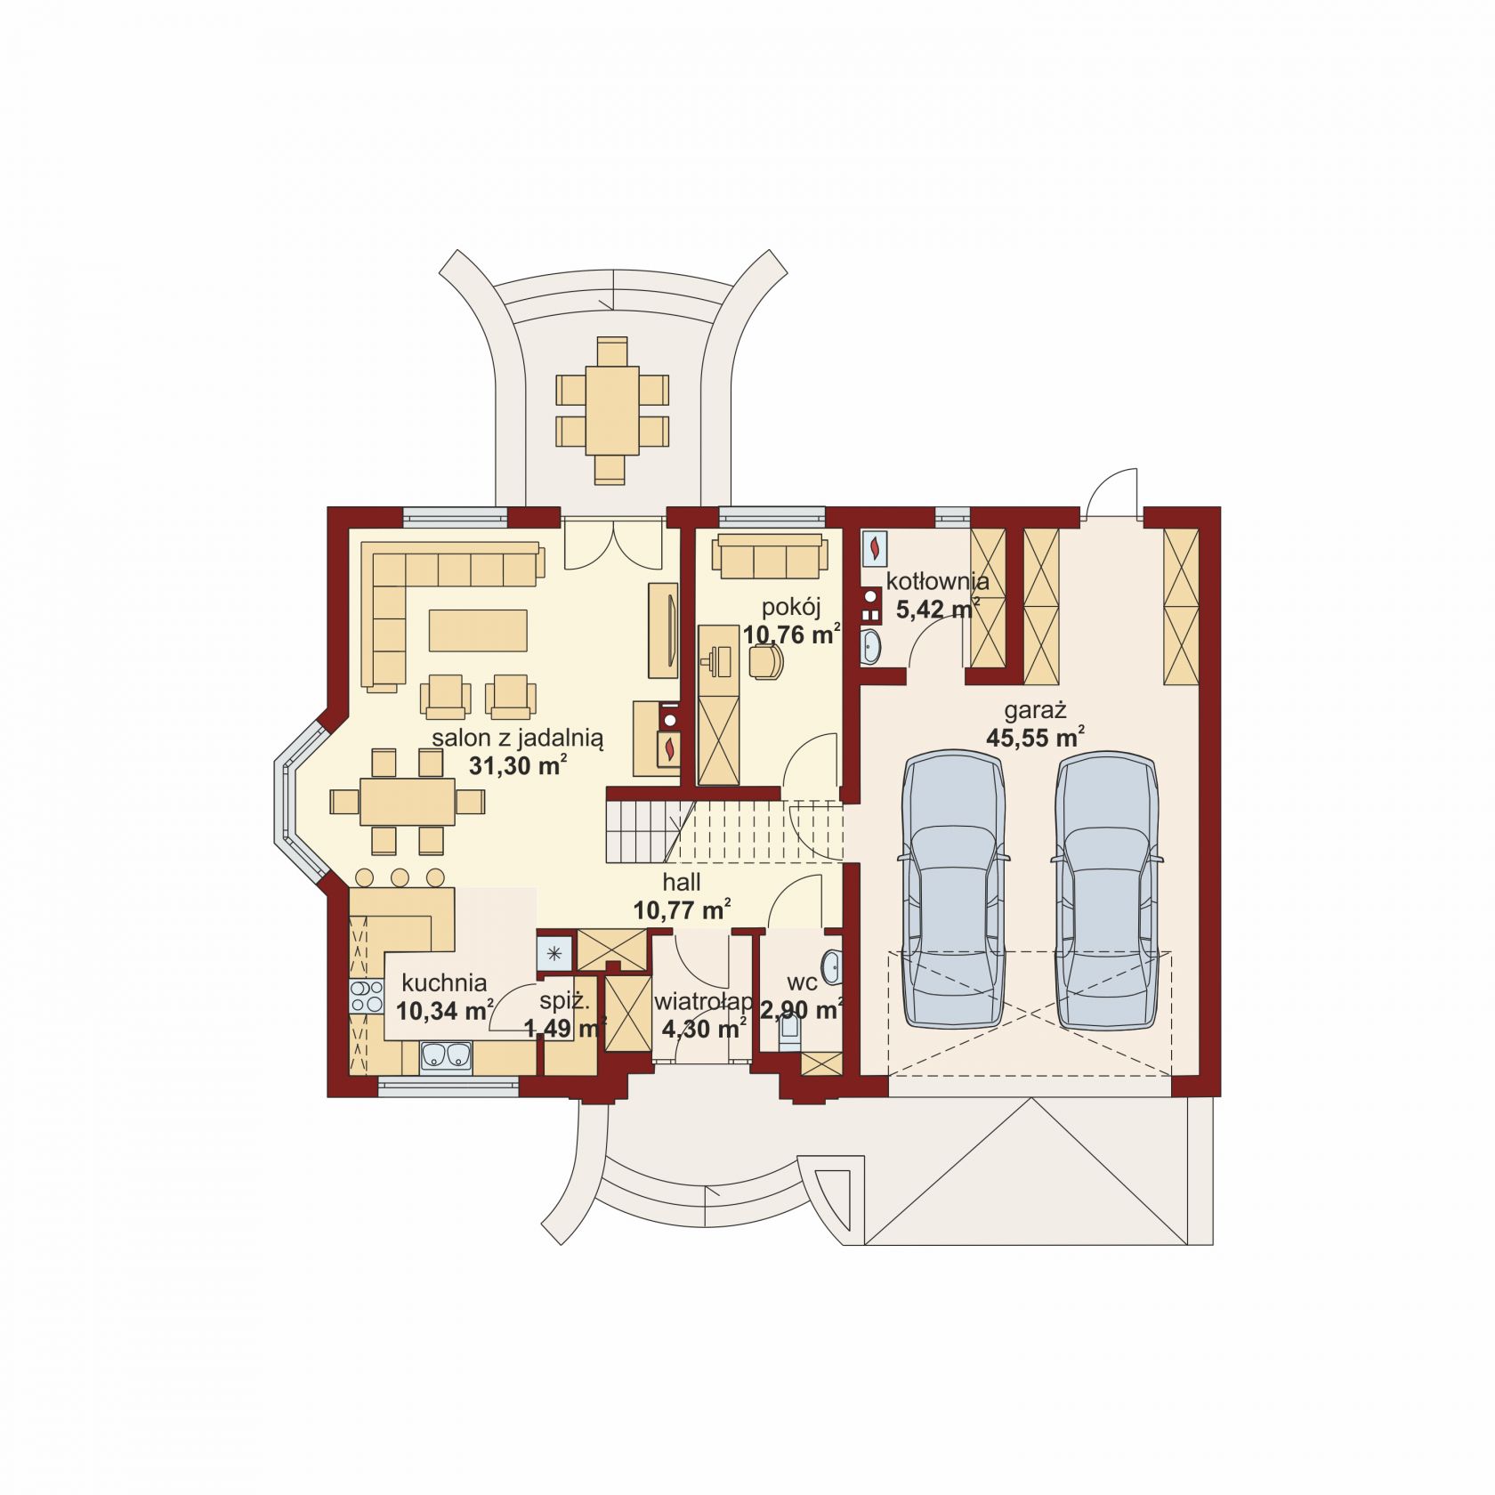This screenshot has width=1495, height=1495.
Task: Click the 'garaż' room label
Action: pos(1035,710)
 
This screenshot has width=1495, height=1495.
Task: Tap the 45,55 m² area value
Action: pos(1035,737)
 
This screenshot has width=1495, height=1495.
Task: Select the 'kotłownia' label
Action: pos(937,582)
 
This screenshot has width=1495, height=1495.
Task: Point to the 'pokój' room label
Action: pos(791,608)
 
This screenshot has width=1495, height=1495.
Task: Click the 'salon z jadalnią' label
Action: pos(518,739)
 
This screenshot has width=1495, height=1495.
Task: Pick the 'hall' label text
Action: pos(682,882)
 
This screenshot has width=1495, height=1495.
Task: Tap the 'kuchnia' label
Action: pos(444,982)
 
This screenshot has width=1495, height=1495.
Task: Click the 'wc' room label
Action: pos(802,982)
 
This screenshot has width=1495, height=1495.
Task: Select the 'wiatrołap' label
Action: pos(704,1002)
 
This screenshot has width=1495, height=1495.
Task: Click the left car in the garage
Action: pos(954,889)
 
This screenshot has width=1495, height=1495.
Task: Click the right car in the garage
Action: pos(1107,889)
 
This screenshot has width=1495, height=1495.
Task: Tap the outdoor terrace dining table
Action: pos(612,410)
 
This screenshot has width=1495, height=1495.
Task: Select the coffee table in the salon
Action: pos(478,630)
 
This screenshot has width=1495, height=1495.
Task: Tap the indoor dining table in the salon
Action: pos(407,801)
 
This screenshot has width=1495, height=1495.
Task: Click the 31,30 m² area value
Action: pos(518,766)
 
